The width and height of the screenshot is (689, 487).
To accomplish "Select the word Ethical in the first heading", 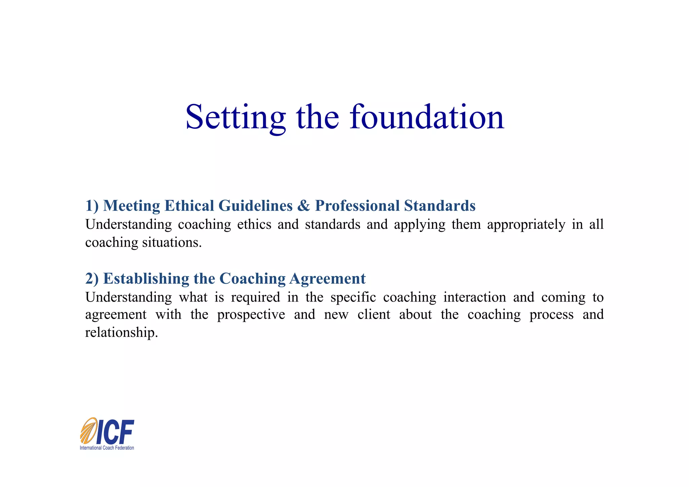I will point(189,206).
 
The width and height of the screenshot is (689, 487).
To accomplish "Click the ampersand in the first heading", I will point(303,206).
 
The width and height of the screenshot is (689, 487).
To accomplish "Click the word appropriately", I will point(526,225).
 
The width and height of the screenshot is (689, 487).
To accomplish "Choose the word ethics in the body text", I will point(254,224).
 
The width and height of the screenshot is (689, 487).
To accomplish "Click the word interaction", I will point(474,298).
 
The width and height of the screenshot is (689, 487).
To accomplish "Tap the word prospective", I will point(251,315).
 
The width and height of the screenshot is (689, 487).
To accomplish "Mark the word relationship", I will point(121,333).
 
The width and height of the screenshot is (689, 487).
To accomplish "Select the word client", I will point(374,315).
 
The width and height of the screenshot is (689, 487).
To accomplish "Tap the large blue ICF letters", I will point(115,432).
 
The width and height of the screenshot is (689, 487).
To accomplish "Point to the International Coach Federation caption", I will point(107,448).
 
